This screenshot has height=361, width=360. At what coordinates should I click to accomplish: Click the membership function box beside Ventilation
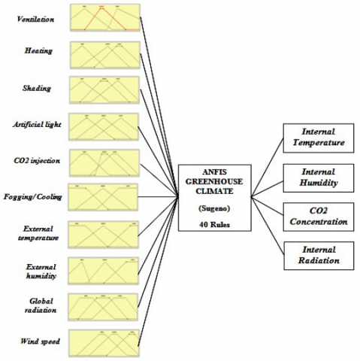point(103,17)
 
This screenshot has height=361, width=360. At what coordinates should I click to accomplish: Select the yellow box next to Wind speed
point(103,342)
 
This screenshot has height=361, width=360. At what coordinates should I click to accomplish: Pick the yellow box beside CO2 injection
point(103,161)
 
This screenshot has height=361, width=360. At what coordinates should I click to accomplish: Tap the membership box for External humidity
point(103,270)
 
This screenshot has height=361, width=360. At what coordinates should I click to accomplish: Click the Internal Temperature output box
point(319,137)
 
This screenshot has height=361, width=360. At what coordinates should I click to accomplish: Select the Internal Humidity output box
point(319,177)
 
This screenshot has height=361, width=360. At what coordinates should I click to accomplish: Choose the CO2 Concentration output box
point(319,217)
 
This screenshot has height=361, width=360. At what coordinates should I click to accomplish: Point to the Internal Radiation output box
point(319,256)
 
